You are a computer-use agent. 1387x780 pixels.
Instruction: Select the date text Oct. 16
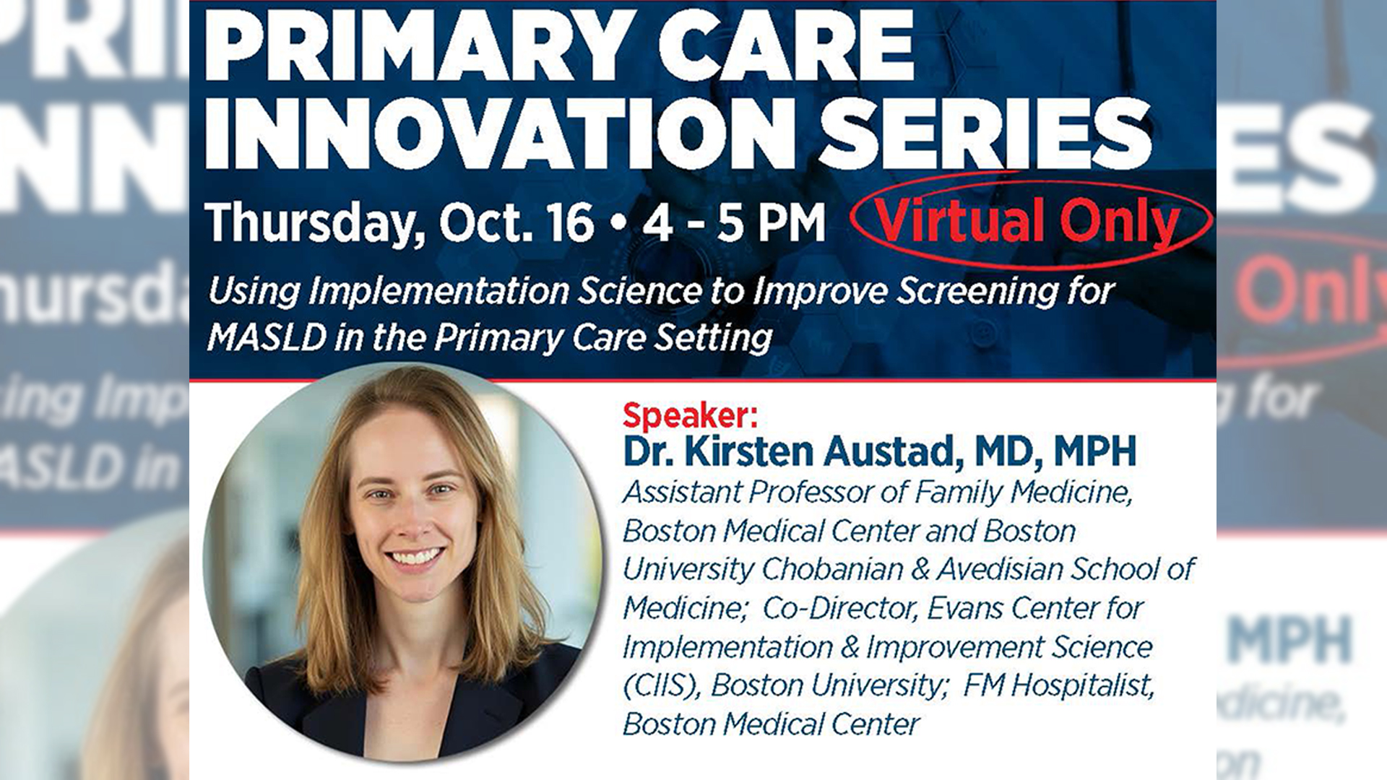pos(517,222)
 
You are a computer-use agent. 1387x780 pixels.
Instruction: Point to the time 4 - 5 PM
pos(734,222)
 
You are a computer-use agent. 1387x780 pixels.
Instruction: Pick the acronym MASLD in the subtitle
pos(266,337)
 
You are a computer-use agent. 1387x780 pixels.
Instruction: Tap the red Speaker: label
pos(691,415)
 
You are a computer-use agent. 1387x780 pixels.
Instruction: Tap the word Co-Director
pos(839,608)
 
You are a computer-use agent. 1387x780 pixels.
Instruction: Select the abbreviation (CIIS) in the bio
pos(662,686)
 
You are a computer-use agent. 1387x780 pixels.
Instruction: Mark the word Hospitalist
pos(1082,685)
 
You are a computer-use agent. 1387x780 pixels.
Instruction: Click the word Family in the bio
pos(959,493)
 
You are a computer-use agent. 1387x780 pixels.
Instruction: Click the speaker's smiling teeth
pos(415,558)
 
